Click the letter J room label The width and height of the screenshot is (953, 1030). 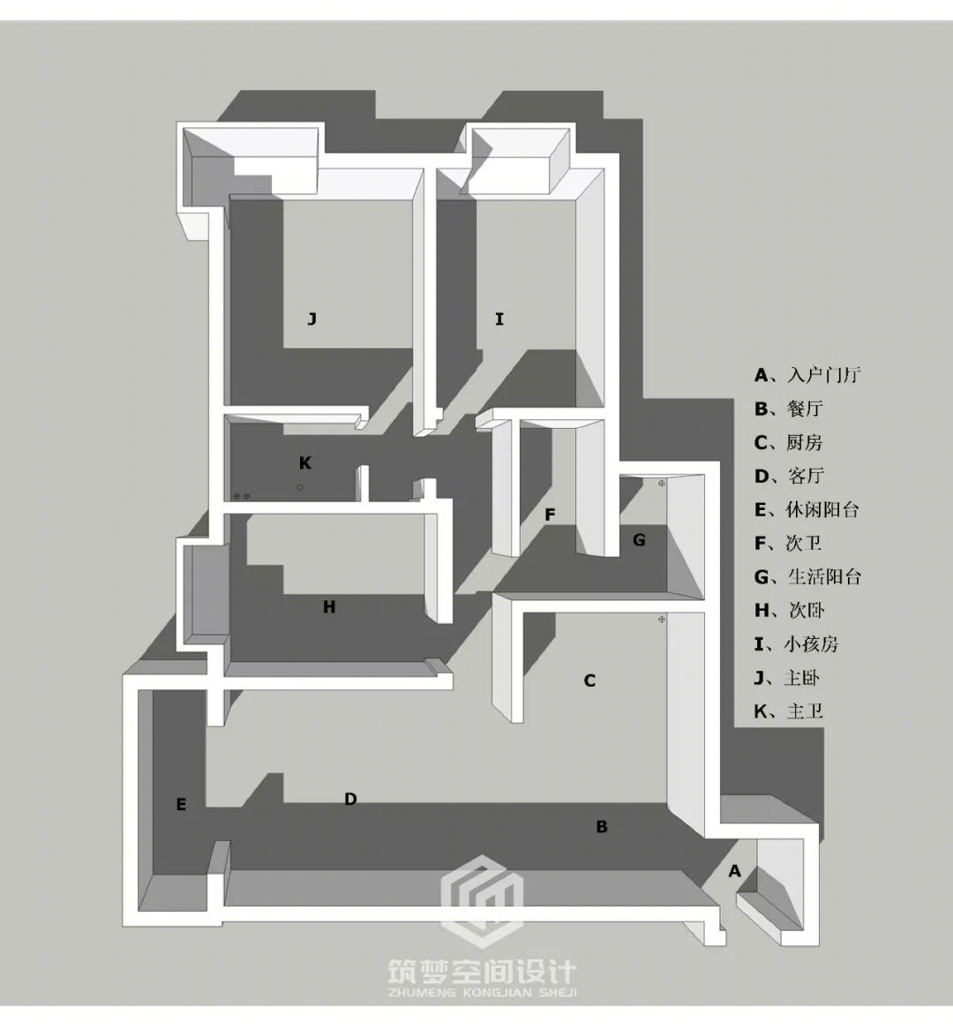[312, 320]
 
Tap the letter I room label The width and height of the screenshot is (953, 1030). [499, 320]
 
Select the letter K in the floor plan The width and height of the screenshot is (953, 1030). [304, 463]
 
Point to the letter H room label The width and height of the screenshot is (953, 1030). [329, 607]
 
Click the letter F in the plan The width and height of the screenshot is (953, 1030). [551, 515]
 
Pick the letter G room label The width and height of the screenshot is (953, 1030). [639, 540]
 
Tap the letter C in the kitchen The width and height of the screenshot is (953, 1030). [589, 680]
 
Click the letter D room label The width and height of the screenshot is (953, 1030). [350, 799]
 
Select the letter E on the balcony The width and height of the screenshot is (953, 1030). [181, 805]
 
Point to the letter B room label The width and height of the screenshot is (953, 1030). [602, 827]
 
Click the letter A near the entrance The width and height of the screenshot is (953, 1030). [734, 871]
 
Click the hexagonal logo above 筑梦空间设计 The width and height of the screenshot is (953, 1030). [482, 900]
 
